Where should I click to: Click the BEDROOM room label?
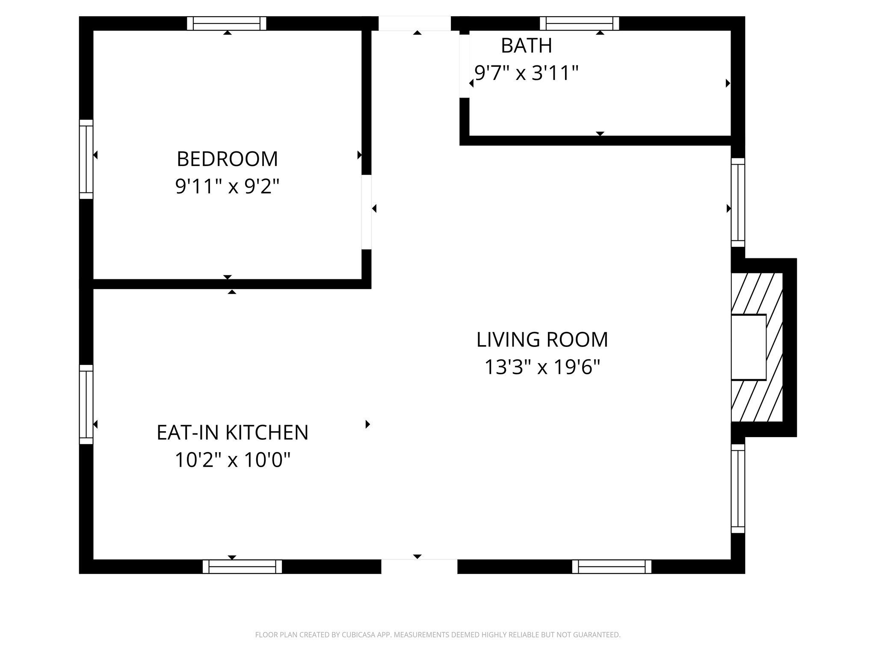click(x=227, y=159)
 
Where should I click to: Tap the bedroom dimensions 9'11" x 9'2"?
click(x=227, y=186)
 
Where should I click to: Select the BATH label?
click(x=526, y=46)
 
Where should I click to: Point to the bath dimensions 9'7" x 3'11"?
click(x=526, y=73)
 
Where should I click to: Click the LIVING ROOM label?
click(x=542, y=340)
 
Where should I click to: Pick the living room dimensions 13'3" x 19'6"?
click(x=542, y=367)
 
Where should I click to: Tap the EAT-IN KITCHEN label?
click(x=232, y=432)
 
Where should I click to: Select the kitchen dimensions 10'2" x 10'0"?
click(x=232, y=460)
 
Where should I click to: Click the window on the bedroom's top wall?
click(x=227, y=24)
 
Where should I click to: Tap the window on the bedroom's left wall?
click(x=86, y=159)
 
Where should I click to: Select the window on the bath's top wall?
click(x=579, y=24)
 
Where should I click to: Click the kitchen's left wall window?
click(x=86, y=405)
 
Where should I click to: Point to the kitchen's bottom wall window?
click(x=242, y=566)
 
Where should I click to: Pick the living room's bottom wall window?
click(x=612, y=566)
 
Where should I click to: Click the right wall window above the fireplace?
click(x=738, y=202)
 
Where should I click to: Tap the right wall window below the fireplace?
click(x=738, y=488)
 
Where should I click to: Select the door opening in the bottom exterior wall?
click(x=419, y=566)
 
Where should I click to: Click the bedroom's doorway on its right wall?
click(x=367, y=212)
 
